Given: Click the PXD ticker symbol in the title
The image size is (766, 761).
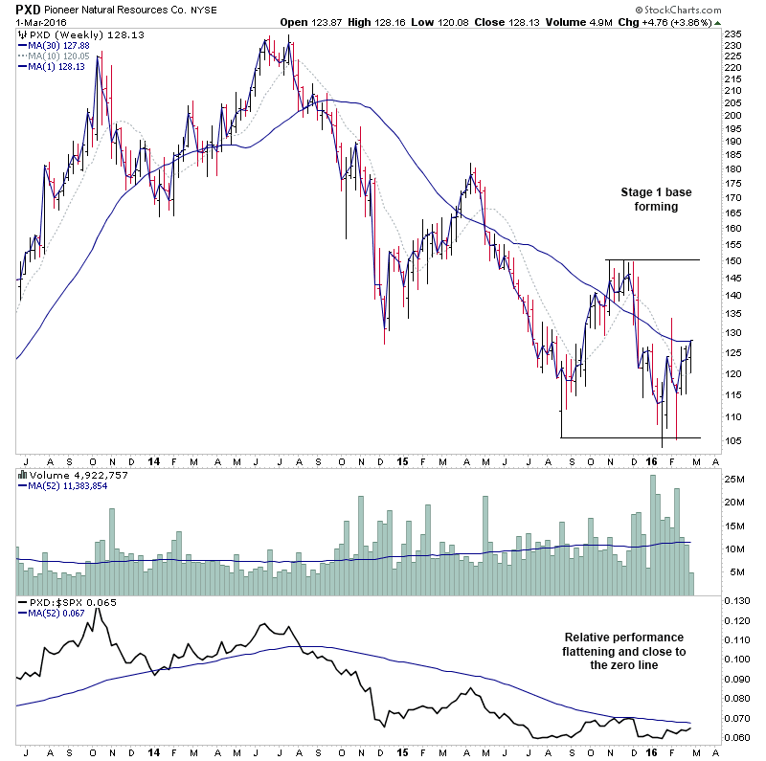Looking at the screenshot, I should (27, 9).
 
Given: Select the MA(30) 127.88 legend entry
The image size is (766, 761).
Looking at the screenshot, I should (55, 45).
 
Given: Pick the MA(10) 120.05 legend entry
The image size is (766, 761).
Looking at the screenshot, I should (55, 56).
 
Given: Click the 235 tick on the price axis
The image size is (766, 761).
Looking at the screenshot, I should (732, 34).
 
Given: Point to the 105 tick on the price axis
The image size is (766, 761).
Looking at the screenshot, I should (732, 441).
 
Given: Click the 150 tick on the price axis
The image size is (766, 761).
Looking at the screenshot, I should (732, 261).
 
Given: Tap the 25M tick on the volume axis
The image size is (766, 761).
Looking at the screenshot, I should (735, 479).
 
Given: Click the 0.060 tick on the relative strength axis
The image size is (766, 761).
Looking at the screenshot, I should (736, 737).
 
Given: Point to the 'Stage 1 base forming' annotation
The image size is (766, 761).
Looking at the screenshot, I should (648, 199).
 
